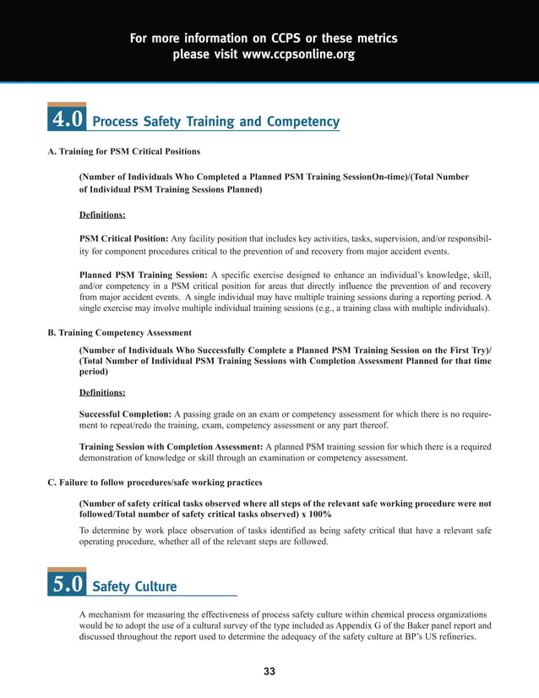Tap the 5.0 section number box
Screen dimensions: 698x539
pyautogui.click(x=67, y=584)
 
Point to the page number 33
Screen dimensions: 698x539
pyautogui.click(x=269, y=672)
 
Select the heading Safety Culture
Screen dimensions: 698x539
pyautogui.click(x=133, y=586)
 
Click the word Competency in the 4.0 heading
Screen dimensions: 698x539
pyautogui.click(x=302, y=123)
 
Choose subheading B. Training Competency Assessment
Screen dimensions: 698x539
pyautogui.click(x=119, y=332)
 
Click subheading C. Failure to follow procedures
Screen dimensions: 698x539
pyautogui.click(x=154, y=483)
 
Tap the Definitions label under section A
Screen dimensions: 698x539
pyautogui.click(x=102, y=215)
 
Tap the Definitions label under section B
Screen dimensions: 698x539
pyautogui.click(x=102, y=392)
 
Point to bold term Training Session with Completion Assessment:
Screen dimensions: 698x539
pyautogui.click(x=171, y=445)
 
